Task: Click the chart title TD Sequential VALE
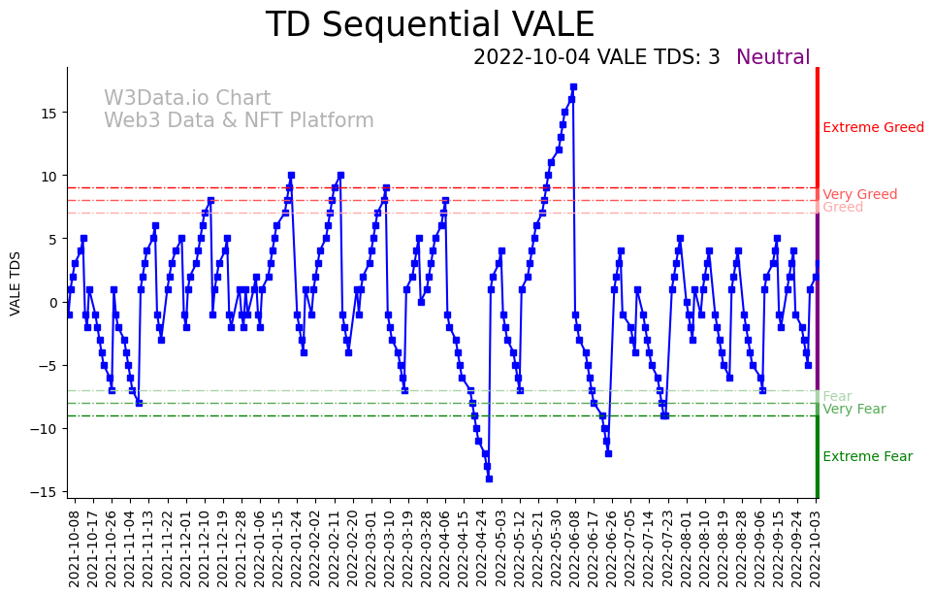click(x=430, y=25)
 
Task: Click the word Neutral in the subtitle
click(x=773, y=58)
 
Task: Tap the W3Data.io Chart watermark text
click(x=187, y=99)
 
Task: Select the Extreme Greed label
click(x=873, y=128)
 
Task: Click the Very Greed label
click(x=859, y=195)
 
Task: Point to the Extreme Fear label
click(x=867, y=457)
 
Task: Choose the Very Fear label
click(x=853, y=410)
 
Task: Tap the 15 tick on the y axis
click(x=49, y=113)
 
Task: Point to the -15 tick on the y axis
click(x=47, y=492)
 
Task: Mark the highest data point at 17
click(x=573, y=86)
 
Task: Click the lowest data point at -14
click(x=489, y=479)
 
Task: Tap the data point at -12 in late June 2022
click(x=608, y=453)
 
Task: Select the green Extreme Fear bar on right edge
click(x=818, y=456)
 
